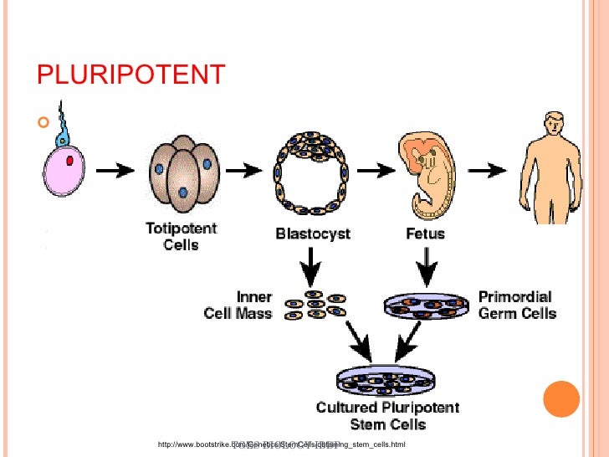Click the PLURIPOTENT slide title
pos(131,74)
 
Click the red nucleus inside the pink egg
pos(71,159)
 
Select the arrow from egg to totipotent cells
pos(116,170)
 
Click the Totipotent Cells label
pos(182,235)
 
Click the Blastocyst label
pos(313,234)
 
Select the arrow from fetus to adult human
pos(491,170)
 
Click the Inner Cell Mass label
pos(238,306)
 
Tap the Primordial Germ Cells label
pos(516,306)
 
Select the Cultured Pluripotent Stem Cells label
pos(387,416)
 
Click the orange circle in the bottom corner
pos(561,398)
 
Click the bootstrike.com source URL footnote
pos(275,444)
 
